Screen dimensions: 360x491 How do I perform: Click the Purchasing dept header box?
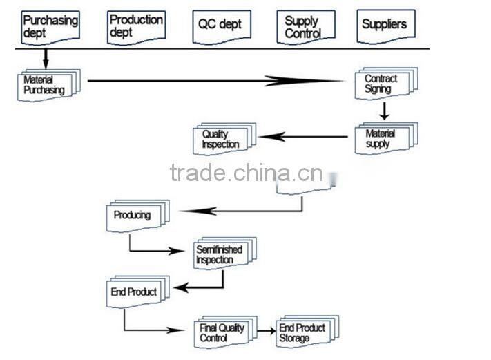coord(50,26)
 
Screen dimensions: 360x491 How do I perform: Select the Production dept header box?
coord(136,26)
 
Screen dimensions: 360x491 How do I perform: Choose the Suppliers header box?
coord(384,26)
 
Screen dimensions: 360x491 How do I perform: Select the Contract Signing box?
coord(384,84)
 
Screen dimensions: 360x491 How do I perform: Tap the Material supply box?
coord(384,138)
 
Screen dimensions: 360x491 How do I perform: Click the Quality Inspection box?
coord(222,139)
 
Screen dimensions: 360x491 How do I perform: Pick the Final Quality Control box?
coord(223,332)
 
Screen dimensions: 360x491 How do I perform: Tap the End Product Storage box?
coord(305,332)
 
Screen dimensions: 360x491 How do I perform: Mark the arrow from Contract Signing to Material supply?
coord(385,110)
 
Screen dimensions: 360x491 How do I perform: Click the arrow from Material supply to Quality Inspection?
coord(304,137)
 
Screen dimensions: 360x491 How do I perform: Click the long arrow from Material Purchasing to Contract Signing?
coord(214,81)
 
